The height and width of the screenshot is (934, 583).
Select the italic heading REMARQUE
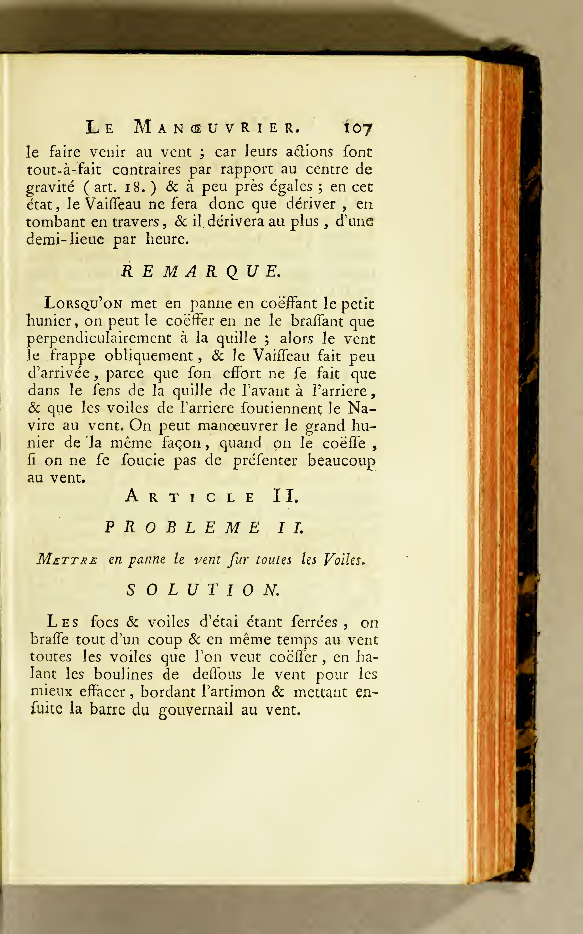201,272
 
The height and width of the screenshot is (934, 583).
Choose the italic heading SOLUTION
203,590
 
